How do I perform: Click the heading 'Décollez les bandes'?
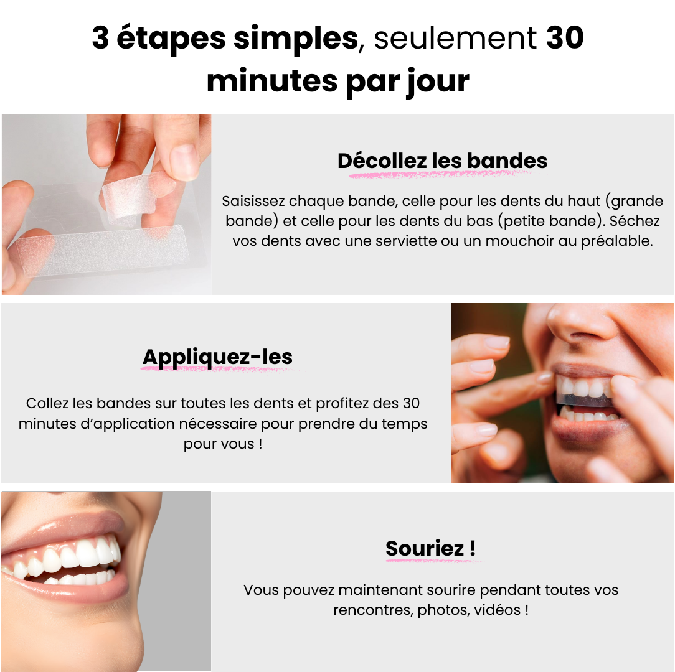(442, 161)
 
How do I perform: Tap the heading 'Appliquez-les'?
(217, 357)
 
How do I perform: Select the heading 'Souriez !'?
(430, 548)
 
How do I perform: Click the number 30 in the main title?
(565, 37)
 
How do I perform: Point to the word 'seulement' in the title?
(455, 38)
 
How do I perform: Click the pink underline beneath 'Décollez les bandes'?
(441, 174)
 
